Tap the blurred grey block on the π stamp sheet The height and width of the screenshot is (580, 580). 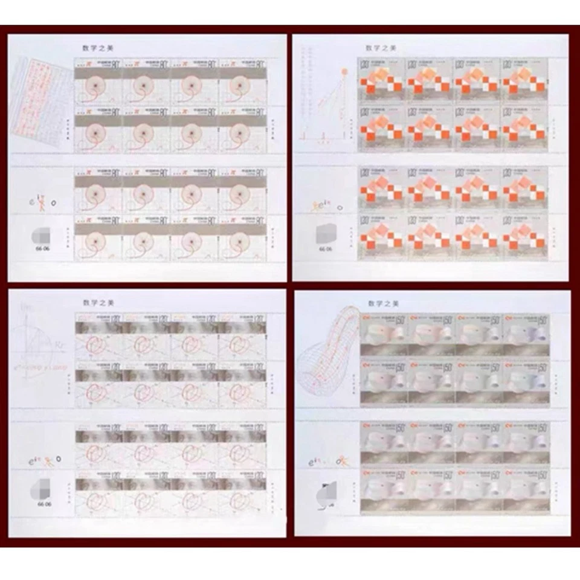42,233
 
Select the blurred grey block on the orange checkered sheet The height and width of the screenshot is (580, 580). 327,233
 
